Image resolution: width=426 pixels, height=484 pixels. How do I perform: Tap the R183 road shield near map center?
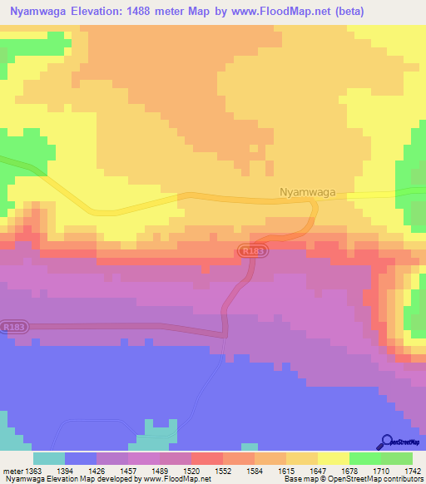click(249, 249)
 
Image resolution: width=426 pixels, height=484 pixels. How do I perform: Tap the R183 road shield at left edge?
click(13, 327)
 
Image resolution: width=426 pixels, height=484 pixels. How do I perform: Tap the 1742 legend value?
click(414, 471)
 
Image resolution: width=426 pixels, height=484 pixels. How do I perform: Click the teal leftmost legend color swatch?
click(49, 458)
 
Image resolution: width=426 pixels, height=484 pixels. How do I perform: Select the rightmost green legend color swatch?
click(397, 458)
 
